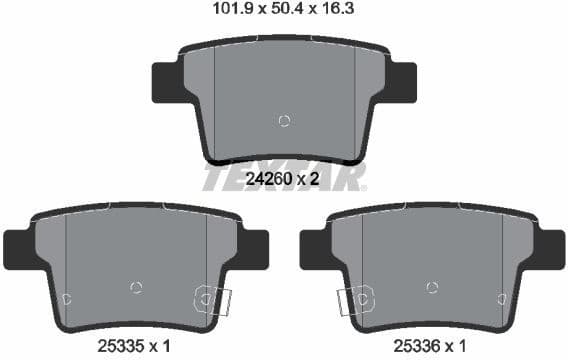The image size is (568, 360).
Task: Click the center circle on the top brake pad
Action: [x=284, y=121]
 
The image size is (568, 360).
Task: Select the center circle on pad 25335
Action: [x=136, y=287]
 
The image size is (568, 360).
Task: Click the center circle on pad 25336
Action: [x=431, y=287]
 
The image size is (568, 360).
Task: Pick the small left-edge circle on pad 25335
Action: [x=66, y=298]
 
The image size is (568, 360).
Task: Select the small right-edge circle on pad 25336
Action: [x=501, y=298]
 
